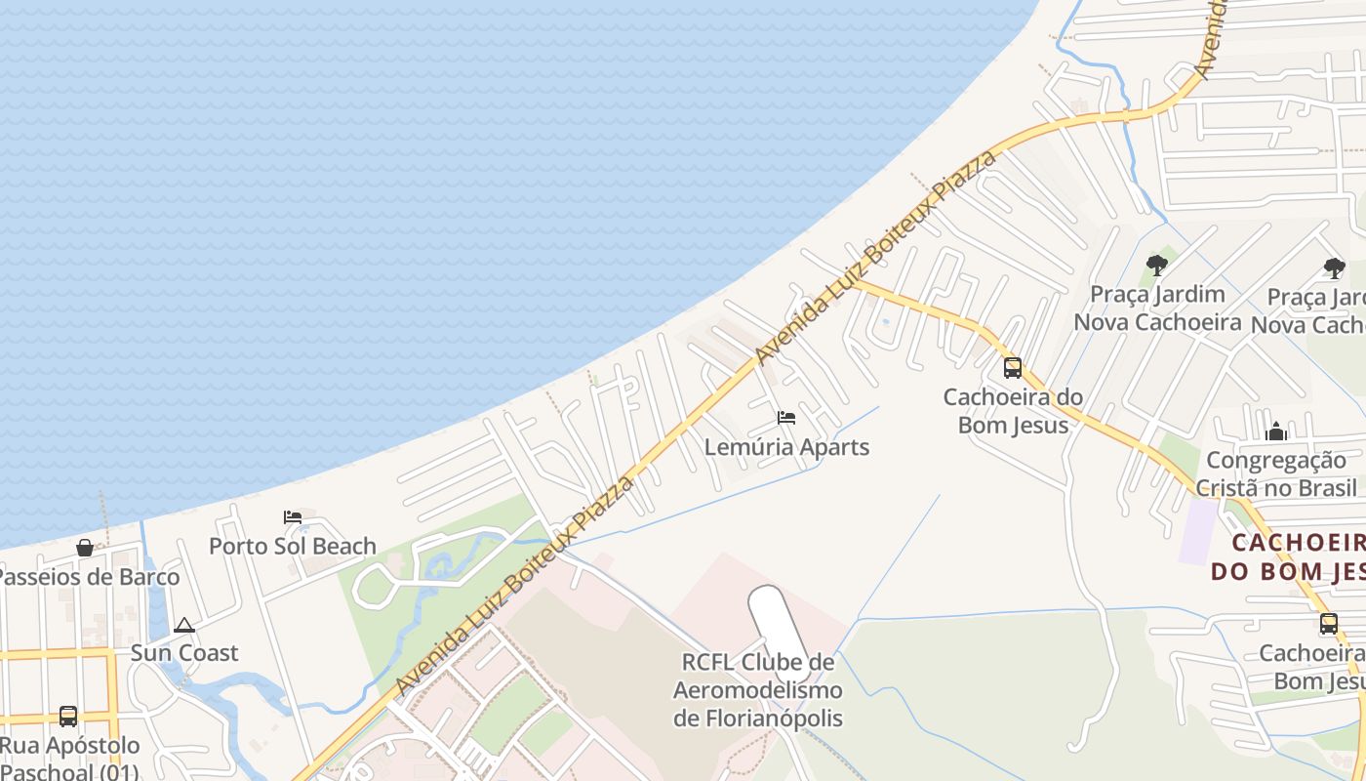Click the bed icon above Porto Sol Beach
(x=293, y=517)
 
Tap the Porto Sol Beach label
(x=293, y=546)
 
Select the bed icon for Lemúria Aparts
(x=786, y=418)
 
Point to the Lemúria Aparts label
(x=786, y=447)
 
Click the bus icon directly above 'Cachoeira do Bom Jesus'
(x=1013, y=368)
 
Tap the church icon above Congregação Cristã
(x=1276, y=432)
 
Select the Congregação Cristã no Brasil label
(x=1281, y=473)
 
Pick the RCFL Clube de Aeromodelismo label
(x=758, y=690)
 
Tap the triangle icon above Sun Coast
(x=184, y=625)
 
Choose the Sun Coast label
(x=184, y=652)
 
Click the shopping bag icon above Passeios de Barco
(x=85, y=548)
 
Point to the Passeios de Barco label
(x=88, y=576)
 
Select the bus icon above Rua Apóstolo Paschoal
(x=68, y=716)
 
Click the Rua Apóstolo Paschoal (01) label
(x=69, y=759)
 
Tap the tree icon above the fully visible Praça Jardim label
(x=1157, y=265)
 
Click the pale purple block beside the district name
(x=1198, y=532)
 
